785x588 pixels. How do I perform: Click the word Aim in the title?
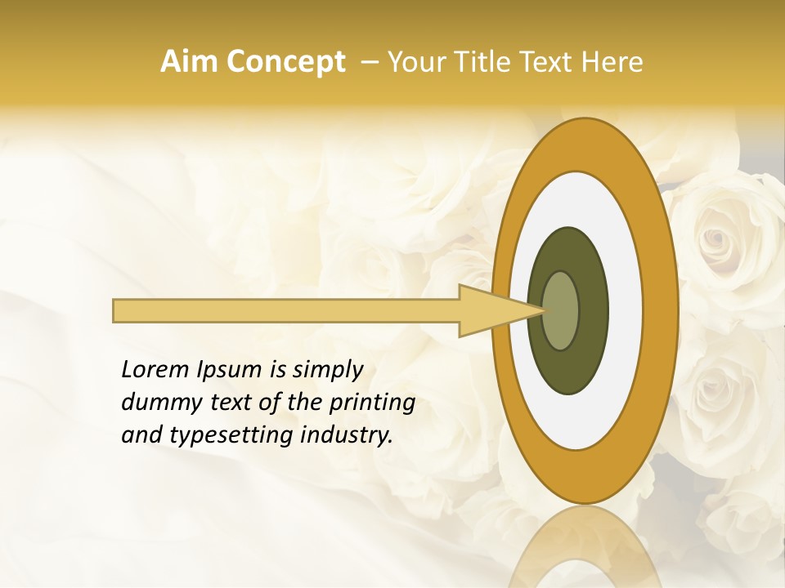(x=187, y=62)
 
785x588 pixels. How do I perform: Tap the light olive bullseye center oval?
(x=561, y=310)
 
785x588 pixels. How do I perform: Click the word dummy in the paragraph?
(x=158, y=403)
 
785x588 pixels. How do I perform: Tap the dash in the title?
(x=369, y=62)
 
